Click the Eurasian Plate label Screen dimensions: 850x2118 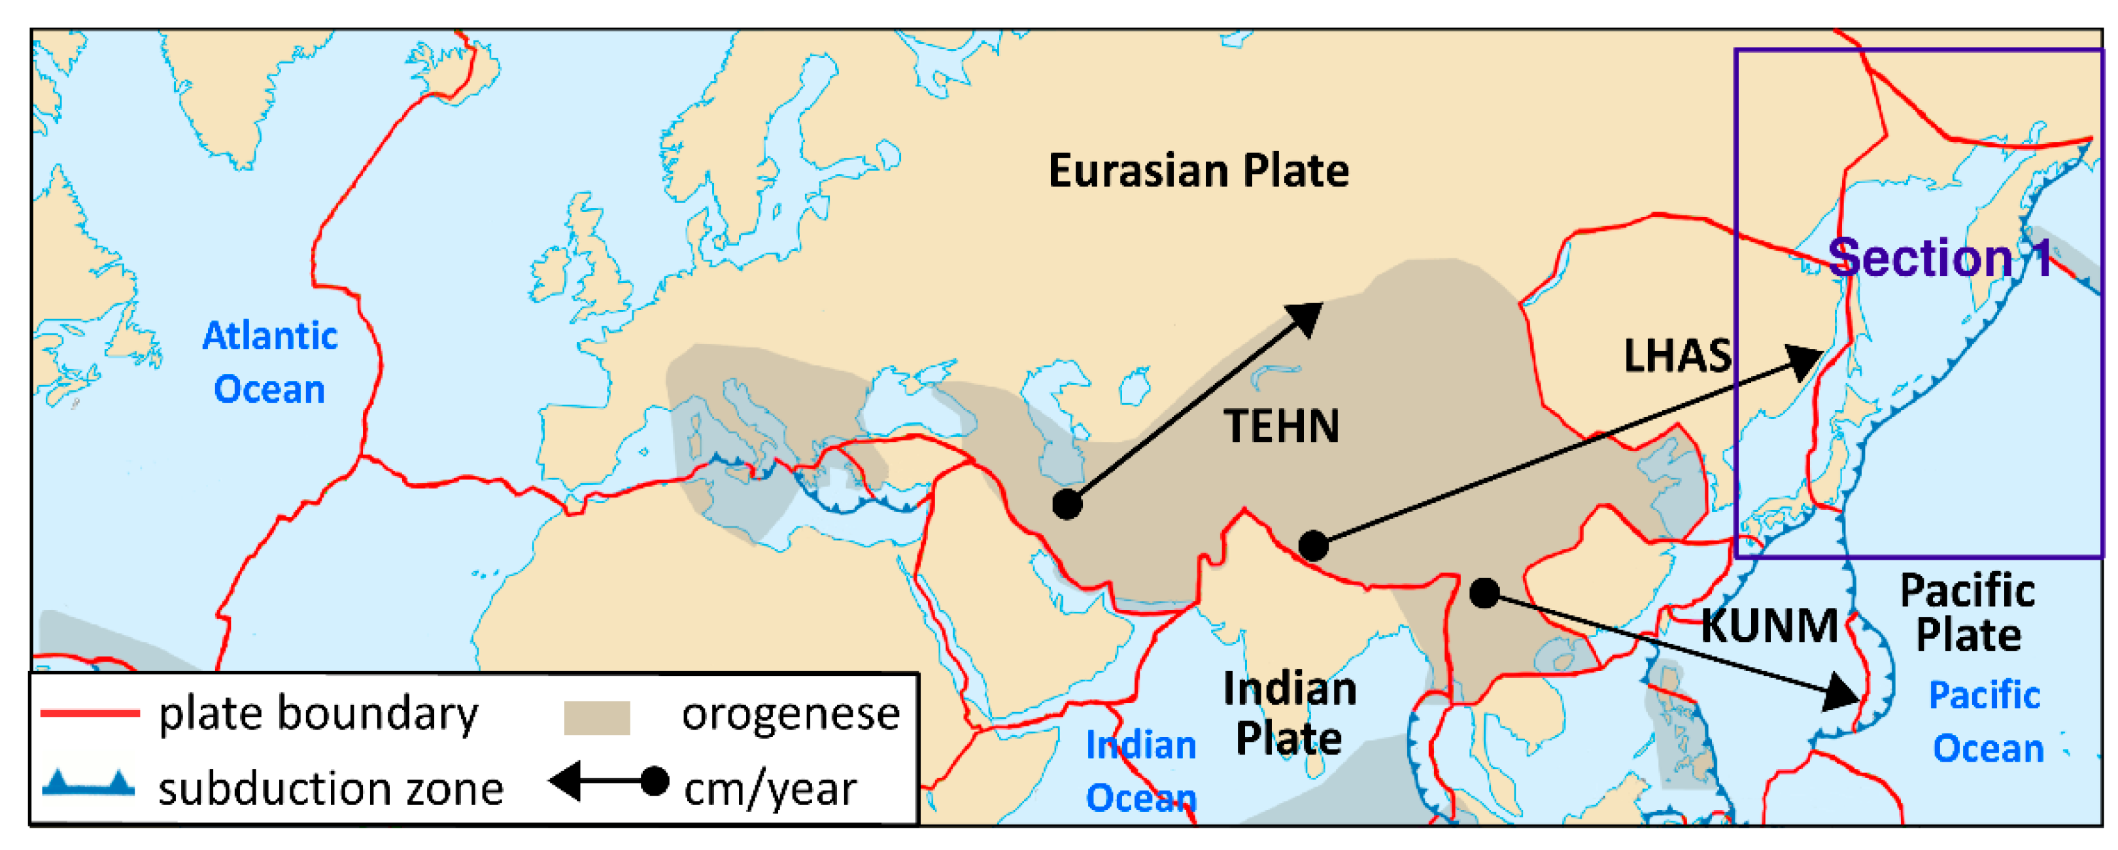click(x=1198, y=171)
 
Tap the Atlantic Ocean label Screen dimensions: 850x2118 click(x=269, y=362)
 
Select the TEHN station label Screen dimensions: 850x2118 click(x=1281, y=426)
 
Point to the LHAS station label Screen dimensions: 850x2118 click(x=1677, y=356)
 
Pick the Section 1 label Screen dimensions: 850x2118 click(x=1939, y=258)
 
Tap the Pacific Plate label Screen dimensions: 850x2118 click(x=1968, y=613)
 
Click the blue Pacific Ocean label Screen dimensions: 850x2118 click(x=1987, y=722)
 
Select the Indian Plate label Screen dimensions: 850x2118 click(x=1290, y=713)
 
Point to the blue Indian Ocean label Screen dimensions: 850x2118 click(x=1140, y=771)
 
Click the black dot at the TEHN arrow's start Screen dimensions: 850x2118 click(x=1067, y=504)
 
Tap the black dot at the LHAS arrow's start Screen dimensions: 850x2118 click(x=1313, y=545)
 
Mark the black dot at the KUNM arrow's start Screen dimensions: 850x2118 click(x=1484, y=592)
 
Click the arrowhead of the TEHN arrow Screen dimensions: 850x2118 click(x=1307, y=316)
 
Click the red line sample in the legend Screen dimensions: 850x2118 click(x=90, y=713)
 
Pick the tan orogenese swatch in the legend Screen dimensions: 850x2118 click(x=596, y=717)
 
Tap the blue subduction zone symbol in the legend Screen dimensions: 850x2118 click(x=89, y=783)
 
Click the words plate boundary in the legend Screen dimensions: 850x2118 click(x=318, y=713)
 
